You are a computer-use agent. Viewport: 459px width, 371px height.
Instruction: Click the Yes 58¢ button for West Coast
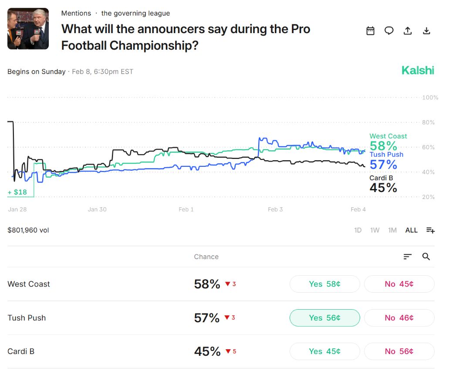(324, 284)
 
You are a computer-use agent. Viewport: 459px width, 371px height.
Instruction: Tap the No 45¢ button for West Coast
(399, 284)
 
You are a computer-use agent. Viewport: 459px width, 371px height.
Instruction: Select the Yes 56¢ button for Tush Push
(324, 318)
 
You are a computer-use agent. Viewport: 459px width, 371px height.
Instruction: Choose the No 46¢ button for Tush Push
(399, 318)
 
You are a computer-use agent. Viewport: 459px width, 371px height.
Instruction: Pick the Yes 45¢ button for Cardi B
(324, 351)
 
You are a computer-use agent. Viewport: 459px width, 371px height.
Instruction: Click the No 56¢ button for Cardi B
(399, 351)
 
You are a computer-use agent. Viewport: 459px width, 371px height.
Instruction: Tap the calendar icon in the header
(370, 30)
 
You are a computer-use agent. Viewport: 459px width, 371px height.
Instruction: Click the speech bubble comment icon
(389, 30)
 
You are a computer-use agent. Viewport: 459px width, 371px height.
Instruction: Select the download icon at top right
(427, 30)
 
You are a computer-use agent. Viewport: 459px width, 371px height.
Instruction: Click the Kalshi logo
(418, 71)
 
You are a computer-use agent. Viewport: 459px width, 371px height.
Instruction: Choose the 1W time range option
(375, 230)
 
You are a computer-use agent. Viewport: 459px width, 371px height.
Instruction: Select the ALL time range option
(411, 230)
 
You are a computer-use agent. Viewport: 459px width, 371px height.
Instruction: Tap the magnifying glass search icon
(426, 257)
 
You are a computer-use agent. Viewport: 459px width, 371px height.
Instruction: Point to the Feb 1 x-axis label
(186, 209)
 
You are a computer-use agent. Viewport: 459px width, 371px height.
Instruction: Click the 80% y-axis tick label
(428, 122)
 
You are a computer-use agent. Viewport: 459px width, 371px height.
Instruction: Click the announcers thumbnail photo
(28, 29)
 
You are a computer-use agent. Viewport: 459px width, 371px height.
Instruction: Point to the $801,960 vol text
(28, 230)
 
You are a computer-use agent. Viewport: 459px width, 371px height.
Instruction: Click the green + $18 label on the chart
(17, 192)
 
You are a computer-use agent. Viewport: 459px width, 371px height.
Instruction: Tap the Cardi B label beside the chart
(381, 178)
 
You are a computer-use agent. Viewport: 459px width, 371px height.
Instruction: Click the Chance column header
(206, 257)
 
